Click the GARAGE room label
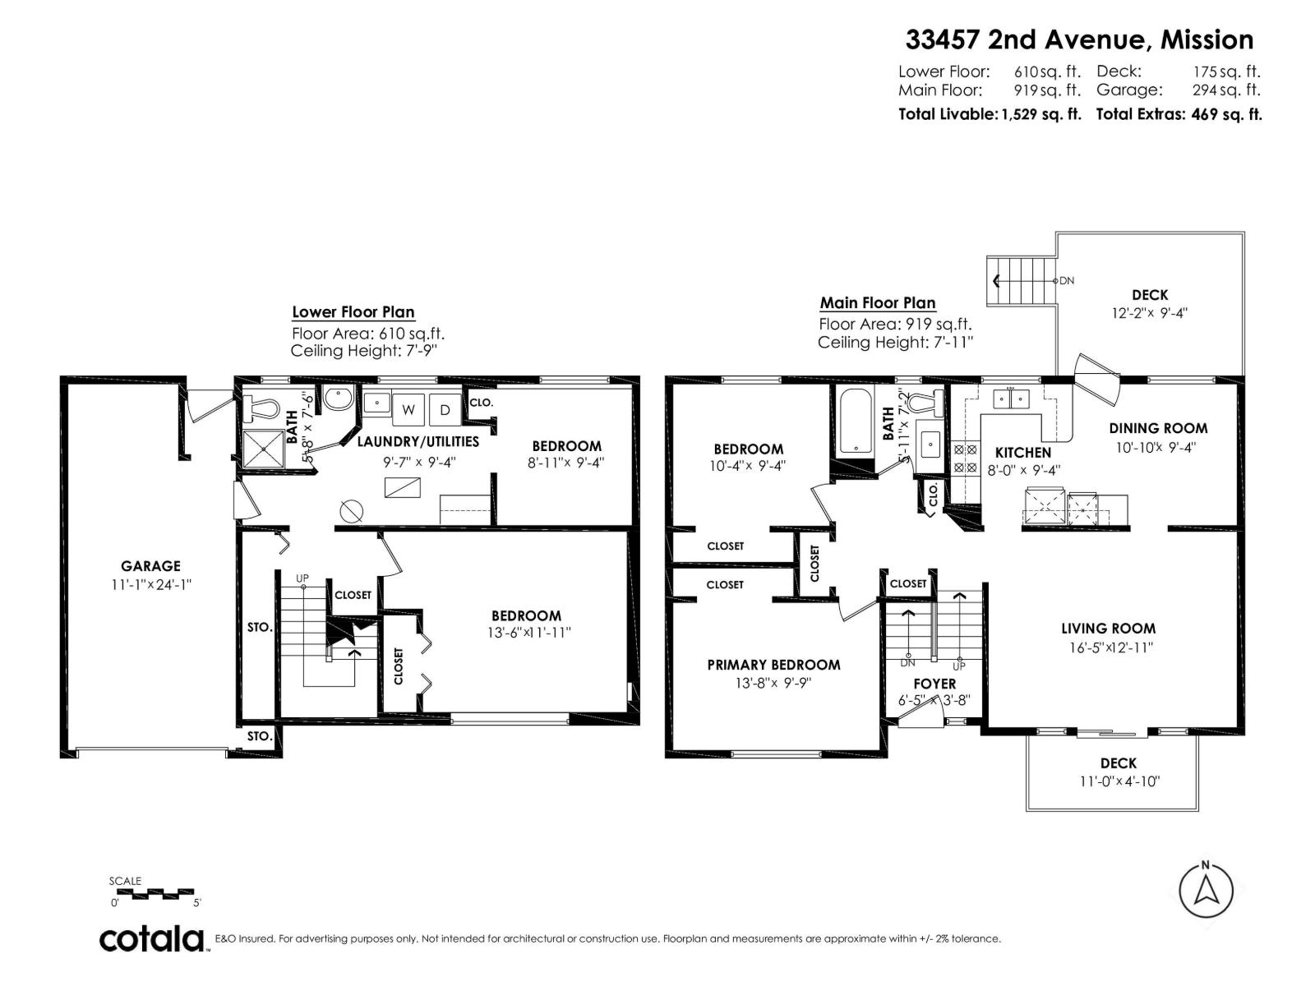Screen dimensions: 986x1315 click(150, 566)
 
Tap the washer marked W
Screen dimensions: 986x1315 click(408, 409)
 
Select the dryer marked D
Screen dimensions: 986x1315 click(445, 409)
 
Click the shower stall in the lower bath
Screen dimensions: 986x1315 click(263, 449)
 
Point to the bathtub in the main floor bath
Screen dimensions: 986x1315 click(857, 422)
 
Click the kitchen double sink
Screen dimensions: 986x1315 click(1011, 399)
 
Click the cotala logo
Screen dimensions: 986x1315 click(153, 938)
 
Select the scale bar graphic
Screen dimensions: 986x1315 click(152, 892)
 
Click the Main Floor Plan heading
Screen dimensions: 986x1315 click(878, 303)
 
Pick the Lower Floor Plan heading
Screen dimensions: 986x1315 click(353, 312)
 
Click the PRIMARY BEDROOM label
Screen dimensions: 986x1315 click(773, 665)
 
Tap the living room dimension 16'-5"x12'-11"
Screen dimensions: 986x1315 click(1108, 647)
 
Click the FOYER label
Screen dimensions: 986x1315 click(934, 684)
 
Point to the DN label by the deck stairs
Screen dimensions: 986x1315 click(1066, 280)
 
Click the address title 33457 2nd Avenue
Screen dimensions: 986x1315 click(1079, 39)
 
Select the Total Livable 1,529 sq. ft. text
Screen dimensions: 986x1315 click(990, 114)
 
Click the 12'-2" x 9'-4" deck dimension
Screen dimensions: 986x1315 click(1149, 313)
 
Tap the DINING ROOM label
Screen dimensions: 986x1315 click(1158, 428)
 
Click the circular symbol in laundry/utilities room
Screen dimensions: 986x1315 click(352, 511)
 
